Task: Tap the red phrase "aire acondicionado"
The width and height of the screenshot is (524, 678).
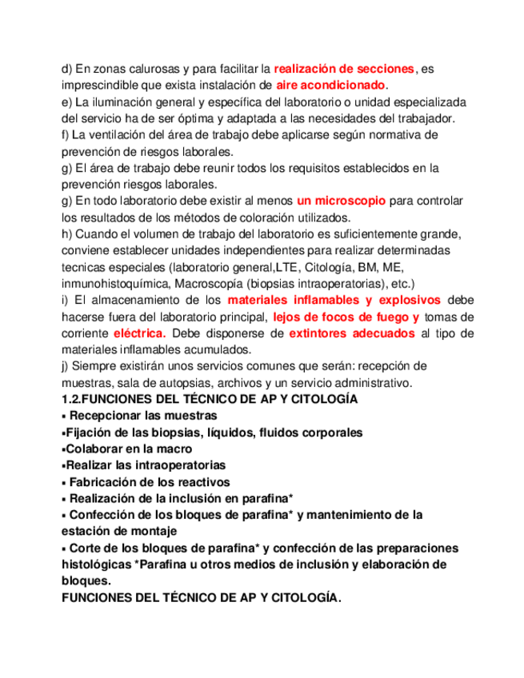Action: [x=330, y=85]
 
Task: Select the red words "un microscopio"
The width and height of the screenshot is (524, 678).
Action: [x=341, y=201]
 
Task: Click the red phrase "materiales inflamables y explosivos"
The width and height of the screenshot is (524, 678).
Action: [x=334, y=300]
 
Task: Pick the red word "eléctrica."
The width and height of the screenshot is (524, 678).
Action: [x=140, y=333]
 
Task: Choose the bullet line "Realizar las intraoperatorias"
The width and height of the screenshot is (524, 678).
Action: [x=145, y=465]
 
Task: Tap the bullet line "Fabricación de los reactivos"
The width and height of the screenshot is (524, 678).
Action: [x=150, y=482]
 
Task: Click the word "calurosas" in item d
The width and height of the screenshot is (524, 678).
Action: [x=140, y=70]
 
